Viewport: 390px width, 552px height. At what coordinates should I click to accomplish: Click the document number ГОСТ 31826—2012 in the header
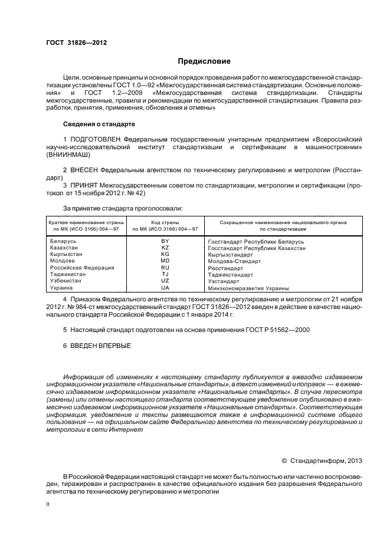(77, 42)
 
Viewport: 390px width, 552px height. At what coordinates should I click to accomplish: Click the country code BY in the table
(165, 242)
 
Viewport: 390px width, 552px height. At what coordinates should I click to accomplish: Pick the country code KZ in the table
(165, 248)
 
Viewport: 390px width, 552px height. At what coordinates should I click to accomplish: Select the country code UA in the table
(165, 288)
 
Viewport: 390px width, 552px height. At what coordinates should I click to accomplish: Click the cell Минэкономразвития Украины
(248, 288)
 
